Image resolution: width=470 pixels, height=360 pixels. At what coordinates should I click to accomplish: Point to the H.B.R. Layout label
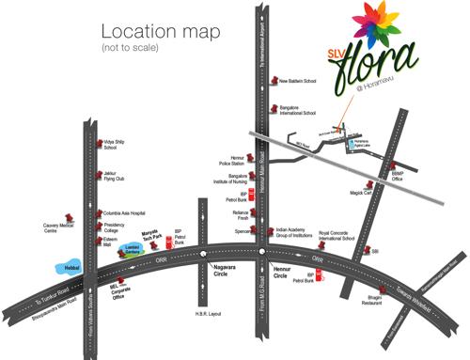[218, 313]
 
